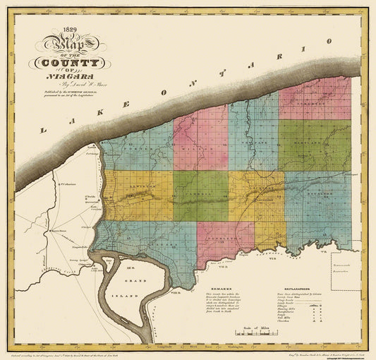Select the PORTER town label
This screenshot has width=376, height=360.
(x=134, y=150)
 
